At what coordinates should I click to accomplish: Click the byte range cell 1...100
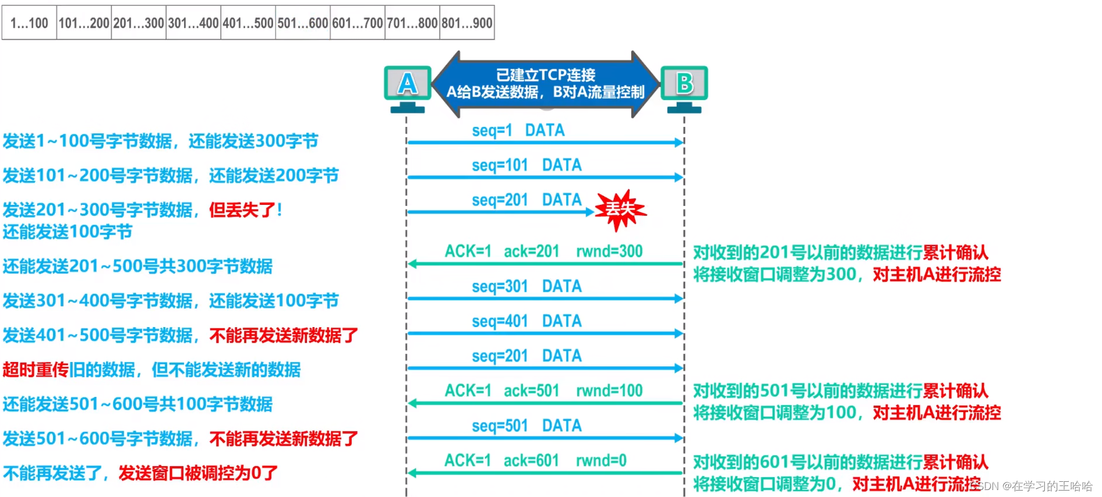tap(29, 23)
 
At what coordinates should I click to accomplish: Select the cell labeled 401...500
tap(248, 23)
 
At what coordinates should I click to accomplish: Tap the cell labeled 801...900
tap(467, 23)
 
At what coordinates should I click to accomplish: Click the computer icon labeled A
tap(407, 87)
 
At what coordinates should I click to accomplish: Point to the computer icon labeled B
tap(684, 87)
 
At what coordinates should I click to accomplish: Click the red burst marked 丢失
tap(620, 209)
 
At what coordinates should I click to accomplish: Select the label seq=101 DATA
tap(527, 165)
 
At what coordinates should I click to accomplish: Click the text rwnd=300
tap(609, 251)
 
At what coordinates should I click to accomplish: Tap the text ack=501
tap(531, 391)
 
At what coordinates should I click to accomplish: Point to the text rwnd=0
tap(601, 461)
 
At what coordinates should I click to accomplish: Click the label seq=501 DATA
tap(527, 426)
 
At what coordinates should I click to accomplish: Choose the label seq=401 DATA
tap(527, 321)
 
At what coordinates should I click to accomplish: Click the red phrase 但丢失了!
tap(245, 210)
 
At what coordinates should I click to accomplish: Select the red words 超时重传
tap(36, 370)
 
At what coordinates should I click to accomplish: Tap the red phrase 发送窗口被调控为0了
tap(198, 473)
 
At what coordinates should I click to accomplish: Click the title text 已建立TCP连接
tap(545, 75)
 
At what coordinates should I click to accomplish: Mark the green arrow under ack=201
tap(545, 264)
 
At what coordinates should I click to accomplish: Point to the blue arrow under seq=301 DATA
tap(545, 299)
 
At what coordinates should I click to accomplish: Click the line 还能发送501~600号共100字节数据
tap(137, 404)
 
